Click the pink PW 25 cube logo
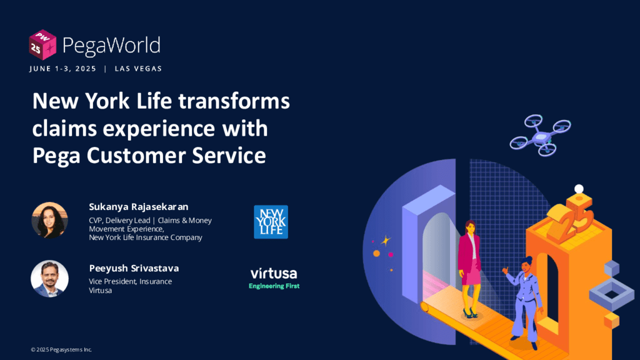(x=42, y=45)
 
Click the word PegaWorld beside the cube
(x=111, y=46)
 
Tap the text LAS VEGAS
(x=138, y=69)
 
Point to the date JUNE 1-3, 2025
(x=63, y=69)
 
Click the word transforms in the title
(x=234, y=101)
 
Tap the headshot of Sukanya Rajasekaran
(x=49, y=220)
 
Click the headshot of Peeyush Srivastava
(x=49, y=279)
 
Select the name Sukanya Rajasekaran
(x=139, y=207)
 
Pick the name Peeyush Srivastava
(x=134, y=268)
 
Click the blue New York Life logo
(x=271, y=222)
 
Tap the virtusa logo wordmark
(x=274, y=273)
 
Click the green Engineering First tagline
(x=274, y=286)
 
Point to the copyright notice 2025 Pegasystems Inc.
(x=61, y=350)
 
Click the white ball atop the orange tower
(x=579, y=189)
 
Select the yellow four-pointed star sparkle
(x=386, y=241)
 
